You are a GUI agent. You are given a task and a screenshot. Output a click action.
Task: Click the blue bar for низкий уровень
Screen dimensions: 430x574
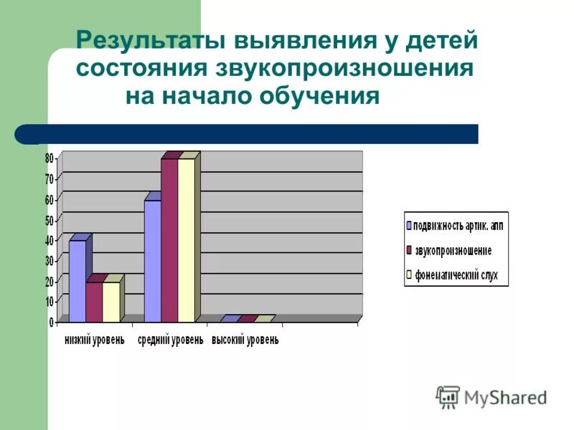pyautogui.click(x=77, y=281)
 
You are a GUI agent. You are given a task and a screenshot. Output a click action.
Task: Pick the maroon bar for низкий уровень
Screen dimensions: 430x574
pyautogui.click(x=94, y=302)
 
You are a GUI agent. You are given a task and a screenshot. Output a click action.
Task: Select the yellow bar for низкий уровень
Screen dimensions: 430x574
pyautogui.click(x=111, y=302)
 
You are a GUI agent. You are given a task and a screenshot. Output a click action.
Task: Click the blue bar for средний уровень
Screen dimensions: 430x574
pyautogui.click(x=152, y=261)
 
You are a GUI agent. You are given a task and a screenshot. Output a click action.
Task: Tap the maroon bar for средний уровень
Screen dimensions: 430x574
pyautogui.click(x=169, y=240)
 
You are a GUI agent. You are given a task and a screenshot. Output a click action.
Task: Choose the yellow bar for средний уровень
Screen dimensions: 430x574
pyautogui.click(x=187, y=240)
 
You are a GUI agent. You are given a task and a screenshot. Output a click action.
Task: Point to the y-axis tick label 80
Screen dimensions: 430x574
pyautogui.click(x=50, y=158)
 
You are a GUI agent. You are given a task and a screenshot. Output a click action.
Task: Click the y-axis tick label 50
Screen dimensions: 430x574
pyautogui.click(x=50, y=219)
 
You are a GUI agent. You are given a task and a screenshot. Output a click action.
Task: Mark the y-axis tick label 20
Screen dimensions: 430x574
pyautogui.click(x=50, y=281)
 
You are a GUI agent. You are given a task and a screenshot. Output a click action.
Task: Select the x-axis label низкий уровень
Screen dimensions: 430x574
pyautogui.click(x=95, y=340)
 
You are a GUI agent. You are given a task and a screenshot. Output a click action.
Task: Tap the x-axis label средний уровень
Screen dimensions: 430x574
pyautogui.click(x=170, y=340)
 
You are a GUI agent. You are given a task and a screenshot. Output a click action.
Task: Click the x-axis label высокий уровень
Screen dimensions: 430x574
pyautogui.click(x=245, y=340)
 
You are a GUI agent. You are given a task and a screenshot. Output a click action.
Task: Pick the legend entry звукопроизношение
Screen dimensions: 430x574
pyautogui.click(x=453, y=250)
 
